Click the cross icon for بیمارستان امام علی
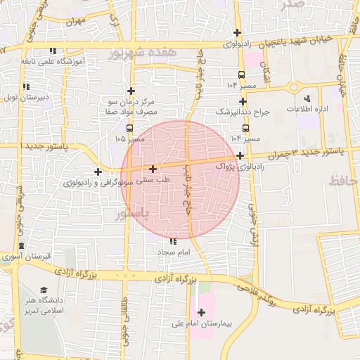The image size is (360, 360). pos(202,312)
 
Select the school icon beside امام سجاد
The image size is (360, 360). pos(174,241)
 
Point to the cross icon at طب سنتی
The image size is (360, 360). pos(153,169)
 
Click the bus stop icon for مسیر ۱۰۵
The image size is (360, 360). pos(129,128)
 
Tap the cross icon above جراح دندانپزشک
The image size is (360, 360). pos(243,102)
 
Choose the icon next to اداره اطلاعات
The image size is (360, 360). pos(307,99)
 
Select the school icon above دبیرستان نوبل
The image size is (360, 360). pos(27,87)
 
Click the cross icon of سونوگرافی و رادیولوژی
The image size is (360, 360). pos(98,172)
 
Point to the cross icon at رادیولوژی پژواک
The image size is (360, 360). pos(240,155)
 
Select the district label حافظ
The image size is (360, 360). pos(344,181)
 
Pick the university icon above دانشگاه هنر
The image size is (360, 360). pos(44,290)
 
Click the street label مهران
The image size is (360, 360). pos(76,21)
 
